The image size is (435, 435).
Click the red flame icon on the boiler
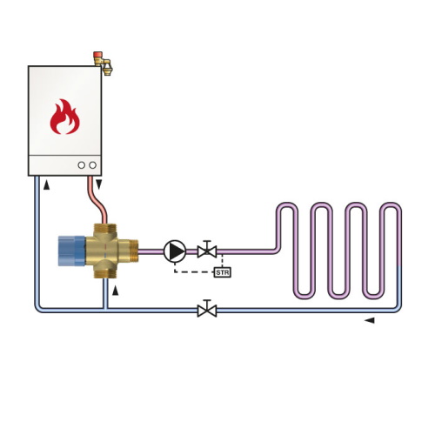(x=64, y=117)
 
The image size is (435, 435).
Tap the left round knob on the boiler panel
(x=82, y=165)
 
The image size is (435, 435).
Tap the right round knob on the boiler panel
(x=93, y=165)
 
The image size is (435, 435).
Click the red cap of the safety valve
(x=97, y=55)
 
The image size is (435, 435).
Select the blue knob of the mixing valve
(x=71, y=251)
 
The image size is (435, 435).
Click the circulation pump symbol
(x=175, y=251)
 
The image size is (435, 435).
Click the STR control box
(x=223, y=272)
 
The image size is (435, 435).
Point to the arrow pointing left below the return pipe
(x=369, y=320)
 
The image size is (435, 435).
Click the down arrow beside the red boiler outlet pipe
(x=99, y=184)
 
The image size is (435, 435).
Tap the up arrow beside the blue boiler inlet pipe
(x=46, y=184)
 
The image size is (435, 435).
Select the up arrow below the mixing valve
(x=116, y=291)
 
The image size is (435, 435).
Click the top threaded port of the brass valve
(x=105, y=228)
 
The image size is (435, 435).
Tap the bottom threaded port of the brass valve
(x=105, y=273)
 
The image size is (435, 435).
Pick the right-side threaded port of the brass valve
(x=133, y=251)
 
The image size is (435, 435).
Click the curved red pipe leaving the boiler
(x=97, y=200)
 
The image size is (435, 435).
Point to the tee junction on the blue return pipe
(x=105, y=310)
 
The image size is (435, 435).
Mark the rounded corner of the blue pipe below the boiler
(x=37, y=308)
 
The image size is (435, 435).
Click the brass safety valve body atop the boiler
(x=104, y=65)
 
